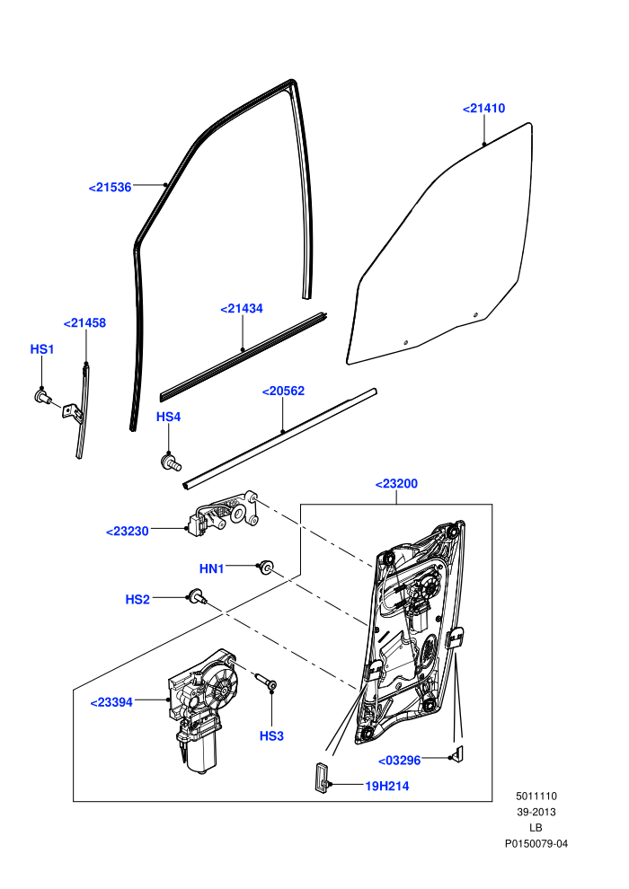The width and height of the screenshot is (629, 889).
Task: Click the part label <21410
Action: (483, 109)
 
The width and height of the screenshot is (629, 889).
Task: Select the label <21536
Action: (110, 187)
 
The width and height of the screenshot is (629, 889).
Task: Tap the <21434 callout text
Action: (242, 308)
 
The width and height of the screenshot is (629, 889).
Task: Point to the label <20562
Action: (283, 391)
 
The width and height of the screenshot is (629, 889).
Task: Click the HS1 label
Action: (42, 349)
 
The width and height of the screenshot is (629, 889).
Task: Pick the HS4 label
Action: (168, 417)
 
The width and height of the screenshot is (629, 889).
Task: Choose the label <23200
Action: (396, 484)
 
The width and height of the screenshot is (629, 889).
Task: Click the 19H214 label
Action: (386, 786)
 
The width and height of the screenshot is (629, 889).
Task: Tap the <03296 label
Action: (399, 761)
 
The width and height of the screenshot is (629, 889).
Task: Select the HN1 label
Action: (211, 568)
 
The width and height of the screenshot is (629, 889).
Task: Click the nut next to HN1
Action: (265, 567)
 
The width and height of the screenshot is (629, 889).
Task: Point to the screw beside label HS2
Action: (198, 596)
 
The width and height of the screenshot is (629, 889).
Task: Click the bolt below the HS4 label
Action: (171, 462)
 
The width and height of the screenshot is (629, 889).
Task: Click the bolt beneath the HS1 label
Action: (44, 397)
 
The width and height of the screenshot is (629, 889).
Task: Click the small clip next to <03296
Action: (457, 754)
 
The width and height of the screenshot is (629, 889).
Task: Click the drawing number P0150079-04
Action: (536, 843)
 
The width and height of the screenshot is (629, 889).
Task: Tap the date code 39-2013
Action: (536, 812)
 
